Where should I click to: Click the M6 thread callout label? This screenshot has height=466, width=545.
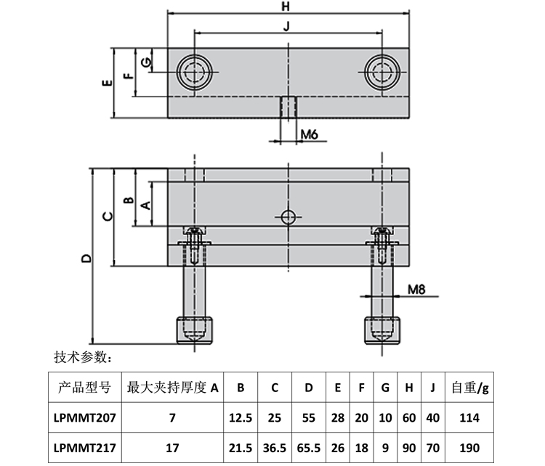point(310,134)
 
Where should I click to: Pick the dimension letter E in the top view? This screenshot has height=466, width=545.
point(107,83)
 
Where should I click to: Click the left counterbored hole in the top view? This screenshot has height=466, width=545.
point(195,72)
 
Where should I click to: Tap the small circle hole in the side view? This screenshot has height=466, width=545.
point(288,216)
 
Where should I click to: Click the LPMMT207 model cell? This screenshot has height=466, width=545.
point(84,417)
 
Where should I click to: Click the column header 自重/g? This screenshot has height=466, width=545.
point(469,388)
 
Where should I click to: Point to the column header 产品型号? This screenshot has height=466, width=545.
point(84,388)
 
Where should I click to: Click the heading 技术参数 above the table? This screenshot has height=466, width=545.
point(82,357)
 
